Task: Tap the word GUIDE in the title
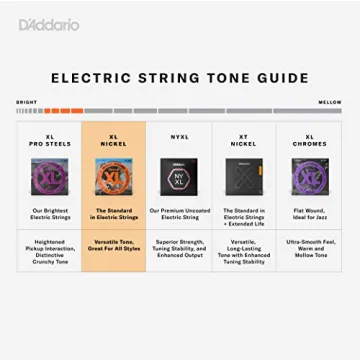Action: click(283, 77)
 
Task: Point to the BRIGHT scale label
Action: click(26, 102)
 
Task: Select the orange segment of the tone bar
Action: click(63, 110)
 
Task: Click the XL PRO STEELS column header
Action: click(50, 141)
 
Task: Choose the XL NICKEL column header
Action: click(114, 141)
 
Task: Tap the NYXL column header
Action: click(179, 137)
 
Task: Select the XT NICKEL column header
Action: click(244, 141)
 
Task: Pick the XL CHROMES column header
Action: click(309, 141)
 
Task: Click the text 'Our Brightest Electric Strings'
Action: click(50, 213)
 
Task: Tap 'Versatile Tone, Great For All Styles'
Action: click(114, 245)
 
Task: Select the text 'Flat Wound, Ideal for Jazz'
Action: click(309, 213)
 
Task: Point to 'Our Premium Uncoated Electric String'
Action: click(179, 213)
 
